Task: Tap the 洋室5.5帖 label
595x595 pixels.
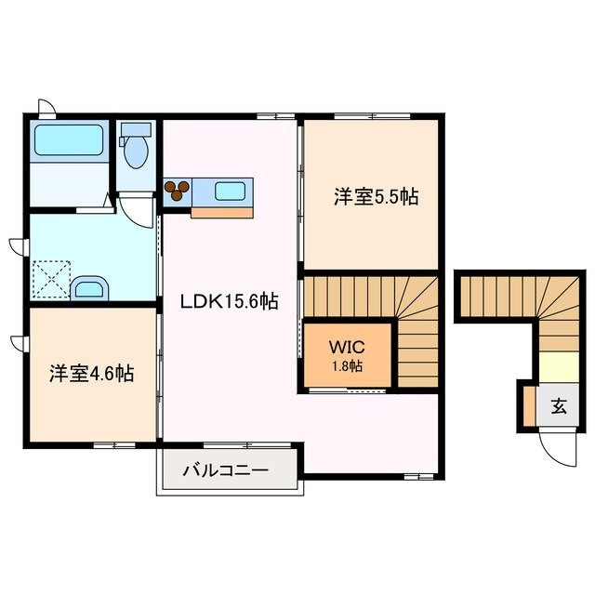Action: [376, 197]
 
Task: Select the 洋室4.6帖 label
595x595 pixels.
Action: [91, 374]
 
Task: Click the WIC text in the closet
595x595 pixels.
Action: [348, 347]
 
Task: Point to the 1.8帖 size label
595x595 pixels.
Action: [348, 365]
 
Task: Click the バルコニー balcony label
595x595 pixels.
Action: [225, 470]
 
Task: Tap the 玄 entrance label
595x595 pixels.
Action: [559, 406]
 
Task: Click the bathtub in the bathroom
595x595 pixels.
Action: [69, 141]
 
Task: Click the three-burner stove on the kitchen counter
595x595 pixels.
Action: [177, 191]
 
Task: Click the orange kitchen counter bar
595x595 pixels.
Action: [221, 212]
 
